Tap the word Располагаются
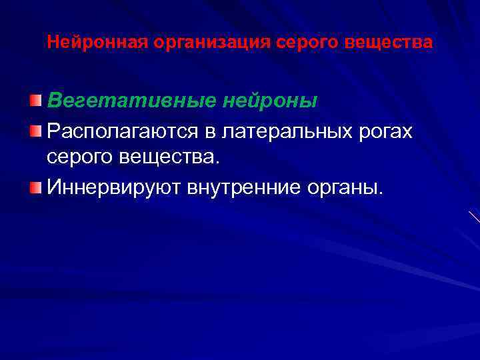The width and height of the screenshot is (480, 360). click(x=121, y=131)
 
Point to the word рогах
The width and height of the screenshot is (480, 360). click(x=387, y=132)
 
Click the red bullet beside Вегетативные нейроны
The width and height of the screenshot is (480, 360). click(x=36, y=101)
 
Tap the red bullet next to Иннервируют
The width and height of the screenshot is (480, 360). click(x=36, y=185)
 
